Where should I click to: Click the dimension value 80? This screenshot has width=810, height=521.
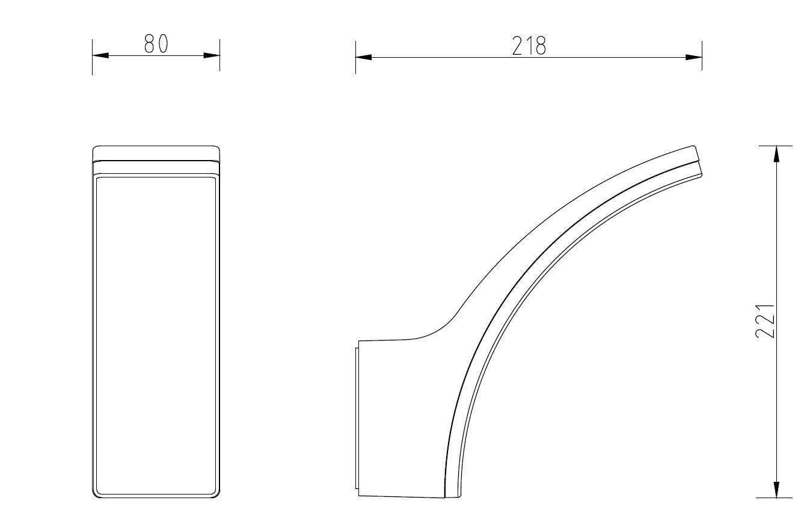click(x=156, y=44)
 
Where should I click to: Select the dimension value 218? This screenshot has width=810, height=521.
click(x=529, y=46)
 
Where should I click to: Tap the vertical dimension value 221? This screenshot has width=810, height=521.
click(x=765, y=321)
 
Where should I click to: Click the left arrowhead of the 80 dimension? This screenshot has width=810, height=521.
click(x=100, y=55)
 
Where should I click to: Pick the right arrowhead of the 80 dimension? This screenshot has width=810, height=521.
click(x=212, y=55)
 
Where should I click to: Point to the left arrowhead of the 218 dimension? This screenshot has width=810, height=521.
click(x=364, y=57)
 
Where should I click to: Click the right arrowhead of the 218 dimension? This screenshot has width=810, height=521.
click(x=694, y=57)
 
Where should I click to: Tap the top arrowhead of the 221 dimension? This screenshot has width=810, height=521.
click(x=776, y=154)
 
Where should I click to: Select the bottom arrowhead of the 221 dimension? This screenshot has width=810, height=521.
click(x=776, y=490)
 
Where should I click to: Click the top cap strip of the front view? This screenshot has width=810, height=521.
click(x=156, y=153)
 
